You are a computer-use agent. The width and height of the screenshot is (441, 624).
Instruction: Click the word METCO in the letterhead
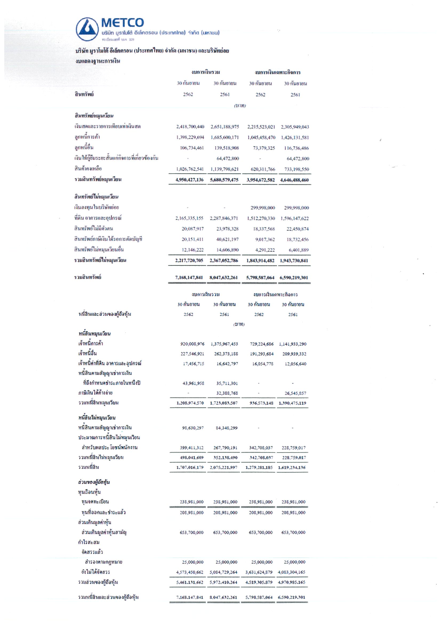[122, 23]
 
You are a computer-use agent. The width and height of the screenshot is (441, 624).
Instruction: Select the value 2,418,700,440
[190, 127]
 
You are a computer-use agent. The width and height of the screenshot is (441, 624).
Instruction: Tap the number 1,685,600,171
[225, 137]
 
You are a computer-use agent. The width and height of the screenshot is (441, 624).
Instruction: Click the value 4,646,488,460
[294, 180]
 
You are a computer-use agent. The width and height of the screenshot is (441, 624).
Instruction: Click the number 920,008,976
[192, 344]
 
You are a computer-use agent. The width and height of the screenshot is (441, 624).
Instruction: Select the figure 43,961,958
[193, 383]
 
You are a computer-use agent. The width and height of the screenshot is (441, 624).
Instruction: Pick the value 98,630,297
[193, 428]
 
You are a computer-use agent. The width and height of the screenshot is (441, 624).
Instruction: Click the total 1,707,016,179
[190, 467]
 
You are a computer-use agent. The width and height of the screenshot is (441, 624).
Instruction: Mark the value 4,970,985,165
[292, 582]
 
